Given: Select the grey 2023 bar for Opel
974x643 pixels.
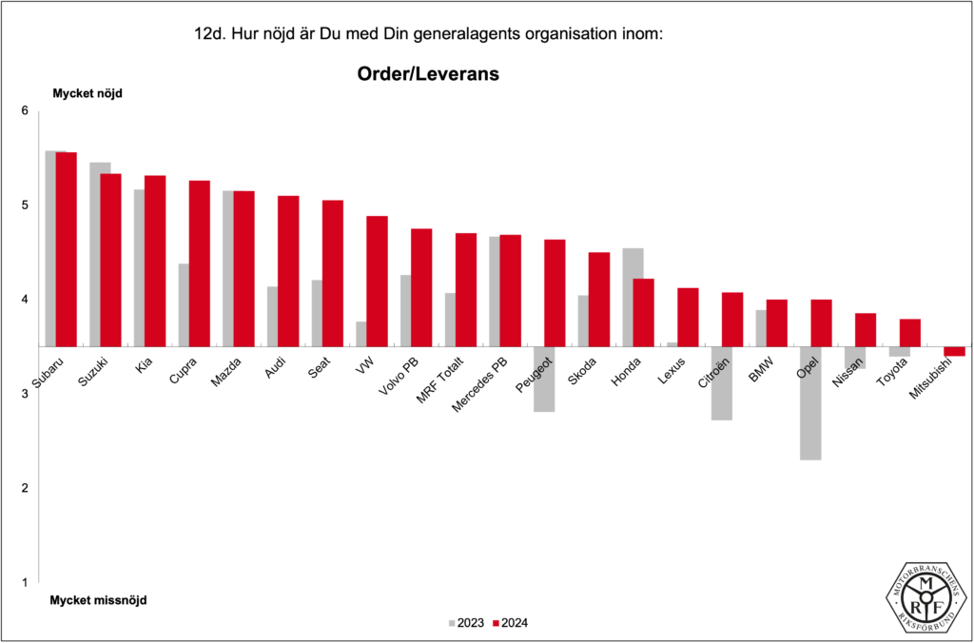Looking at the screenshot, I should click(810, 403).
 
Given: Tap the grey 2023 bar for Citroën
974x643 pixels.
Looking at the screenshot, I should click(721, 383).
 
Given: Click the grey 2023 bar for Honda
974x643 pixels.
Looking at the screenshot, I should click(633, 297).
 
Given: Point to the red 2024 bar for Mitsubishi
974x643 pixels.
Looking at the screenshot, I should click(954, 351).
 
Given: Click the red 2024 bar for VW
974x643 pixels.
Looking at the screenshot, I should click(377, 281).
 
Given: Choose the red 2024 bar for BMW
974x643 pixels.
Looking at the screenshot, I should click(776, 322).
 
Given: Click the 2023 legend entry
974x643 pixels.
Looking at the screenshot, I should click(466, 623).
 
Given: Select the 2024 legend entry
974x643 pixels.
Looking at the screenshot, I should click(510, 623).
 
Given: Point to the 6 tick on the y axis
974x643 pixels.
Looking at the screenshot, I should click(26, 111).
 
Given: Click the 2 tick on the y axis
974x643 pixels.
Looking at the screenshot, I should click(26, 488).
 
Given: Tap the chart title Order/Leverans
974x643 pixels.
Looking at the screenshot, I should click(428, 73).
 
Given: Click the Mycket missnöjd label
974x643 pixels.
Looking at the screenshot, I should click(99, 600).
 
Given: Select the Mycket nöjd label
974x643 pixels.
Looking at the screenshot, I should click(88, 93).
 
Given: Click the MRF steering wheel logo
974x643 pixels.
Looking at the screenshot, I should click(927, 596).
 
